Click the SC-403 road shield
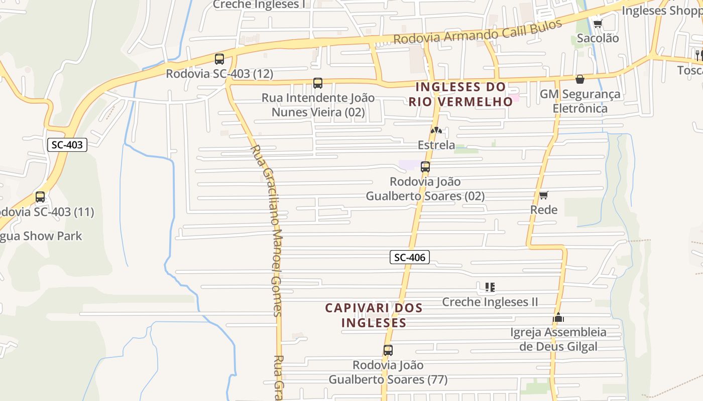pos(67,145)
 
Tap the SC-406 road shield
pos(410,258)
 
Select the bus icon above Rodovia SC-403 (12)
pos(219,59)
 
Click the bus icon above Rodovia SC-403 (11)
pos(40,197)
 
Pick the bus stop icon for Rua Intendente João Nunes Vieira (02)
pos(317,83)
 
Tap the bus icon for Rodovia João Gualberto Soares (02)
pos(425,167)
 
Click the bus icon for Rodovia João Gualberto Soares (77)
pos(388,350)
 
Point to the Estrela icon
pos(436,131)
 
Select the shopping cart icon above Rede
pos(543,195)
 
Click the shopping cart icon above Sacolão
pos(598,23)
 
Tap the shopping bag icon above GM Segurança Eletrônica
pos(579,79)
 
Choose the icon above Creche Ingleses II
pos(490,287)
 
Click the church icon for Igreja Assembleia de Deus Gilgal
pos(558,317)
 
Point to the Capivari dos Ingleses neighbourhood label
pos(374,315)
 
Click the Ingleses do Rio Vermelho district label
pos(460,94)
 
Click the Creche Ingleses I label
pos(259,5)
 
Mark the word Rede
pos(544,210)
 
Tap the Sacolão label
pos(598,38)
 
